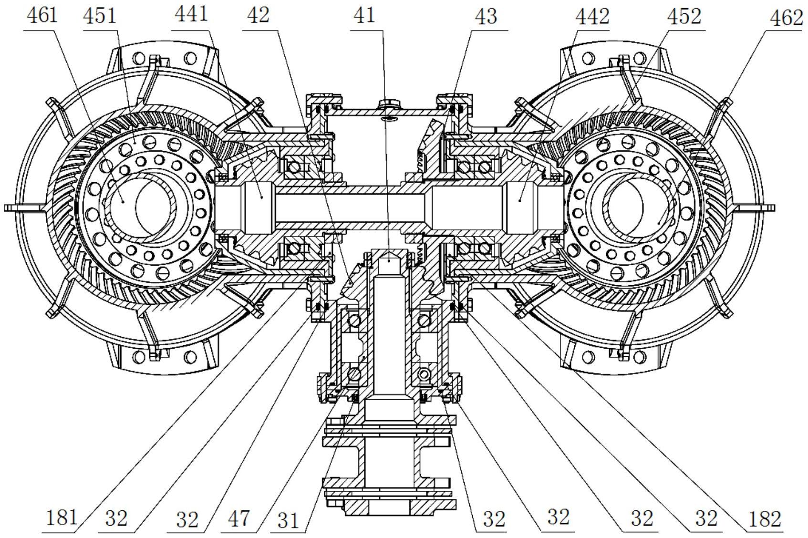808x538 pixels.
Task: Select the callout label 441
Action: (191, 14)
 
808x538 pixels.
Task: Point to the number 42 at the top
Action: (258, 16)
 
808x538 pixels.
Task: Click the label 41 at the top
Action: (364, 16)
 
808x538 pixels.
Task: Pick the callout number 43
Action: (487, 17)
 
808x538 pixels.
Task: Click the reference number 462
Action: (787, 19)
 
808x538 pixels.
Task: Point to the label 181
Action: (62, 518)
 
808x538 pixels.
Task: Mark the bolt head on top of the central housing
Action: (390, 104)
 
